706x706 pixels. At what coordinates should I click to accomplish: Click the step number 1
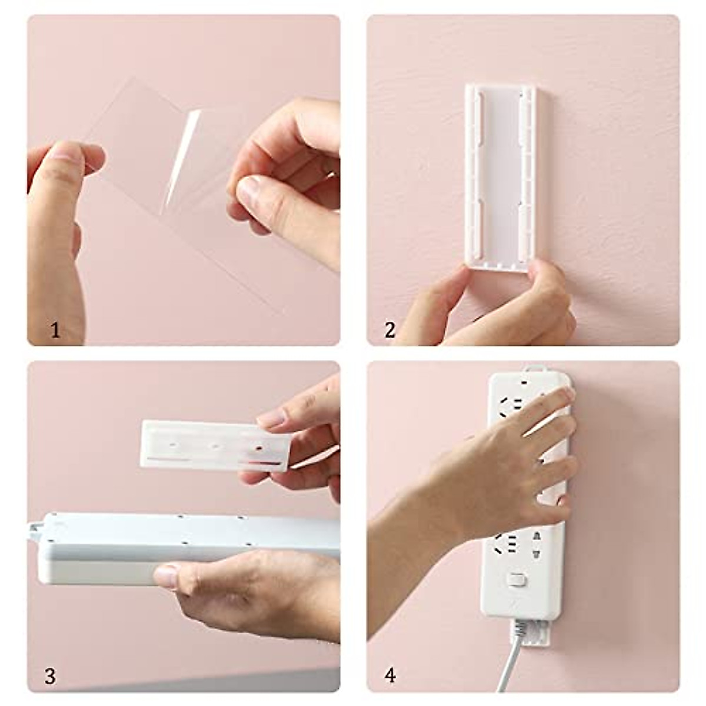55,331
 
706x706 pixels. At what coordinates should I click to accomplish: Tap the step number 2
390,331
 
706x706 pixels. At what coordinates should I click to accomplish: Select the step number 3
51,675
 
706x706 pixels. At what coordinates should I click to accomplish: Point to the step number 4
390,675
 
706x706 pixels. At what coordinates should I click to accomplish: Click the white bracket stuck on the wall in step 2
500,176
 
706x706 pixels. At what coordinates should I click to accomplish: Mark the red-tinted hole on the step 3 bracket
257,447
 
